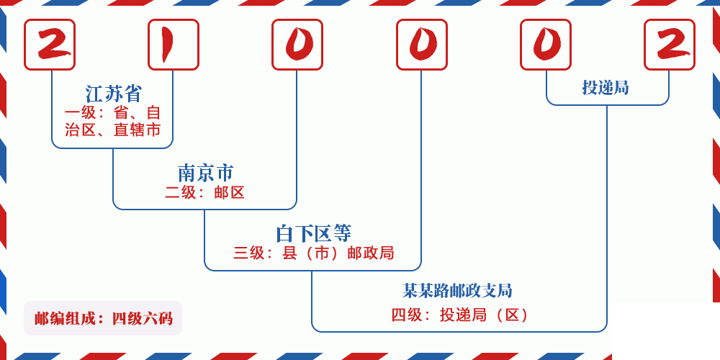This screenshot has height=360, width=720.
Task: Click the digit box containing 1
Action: click(174, 45)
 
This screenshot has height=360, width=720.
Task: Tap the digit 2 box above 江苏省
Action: click(50, 45)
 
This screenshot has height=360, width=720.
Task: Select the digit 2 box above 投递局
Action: click(670, 45)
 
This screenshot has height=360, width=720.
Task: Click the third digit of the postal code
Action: click(297, 45)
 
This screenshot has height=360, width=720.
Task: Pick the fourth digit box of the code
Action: click(422, 45)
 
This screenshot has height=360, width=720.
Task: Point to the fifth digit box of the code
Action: click(546, 45)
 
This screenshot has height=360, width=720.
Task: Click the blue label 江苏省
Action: click(114, 94)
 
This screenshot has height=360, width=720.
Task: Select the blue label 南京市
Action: click(205, 173)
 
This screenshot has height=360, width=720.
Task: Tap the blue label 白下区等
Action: click(313, 233)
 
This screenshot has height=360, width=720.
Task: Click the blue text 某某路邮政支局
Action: click(457, 291)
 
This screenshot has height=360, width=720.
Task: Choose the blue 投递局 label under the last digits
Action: click(606, 88)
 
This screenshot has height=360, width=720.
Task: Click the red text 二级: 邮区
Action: click(205, 192)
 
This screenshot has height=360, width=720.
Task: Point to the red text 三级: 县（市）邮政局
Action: click(313, 253)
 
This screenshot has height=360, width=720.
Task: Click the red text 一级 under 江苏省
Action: click(79, 113)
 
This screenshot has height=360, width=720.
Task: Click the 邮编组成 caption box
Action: click(103, 318)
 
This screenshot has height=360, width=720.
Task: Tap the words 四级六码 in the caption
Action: click(142, 318)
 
